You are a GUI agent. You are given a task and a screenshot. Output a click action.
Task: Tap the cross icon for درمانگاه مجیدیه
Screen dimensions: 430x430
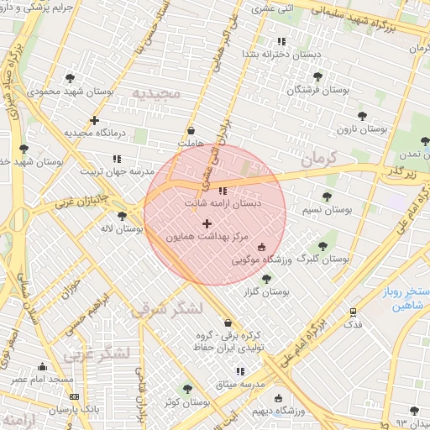point(94,120)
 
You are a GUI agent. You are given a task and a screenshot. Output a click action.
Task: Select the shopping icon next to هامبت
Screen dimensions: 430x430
point(191,131)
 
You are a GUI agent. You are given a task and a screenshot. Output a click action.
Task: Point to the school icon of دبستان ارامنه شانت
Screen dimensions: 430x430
point(222,191)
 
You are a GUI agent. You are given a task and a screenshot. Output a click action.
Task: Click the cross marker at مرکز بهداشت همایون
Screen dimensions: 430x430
point(207,223)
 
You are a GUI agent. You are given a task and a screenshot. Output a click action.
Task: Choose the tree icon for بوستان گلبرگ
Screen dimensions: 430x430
point(322,246)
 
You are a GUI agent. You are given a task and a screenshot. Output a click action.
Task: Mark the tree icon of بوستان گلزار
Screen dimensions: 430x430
point(266,279)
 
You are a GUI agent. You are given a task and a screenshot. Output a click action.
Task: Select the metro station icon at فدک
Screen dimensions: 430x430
point(354,312)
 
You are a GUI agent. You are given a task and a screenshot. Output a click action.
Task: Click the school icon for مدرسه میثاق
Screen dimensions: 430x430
point(241,370)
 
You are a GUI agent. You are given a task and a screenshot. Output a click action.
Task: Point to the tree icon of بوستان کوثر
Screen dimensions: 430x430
point(186,389)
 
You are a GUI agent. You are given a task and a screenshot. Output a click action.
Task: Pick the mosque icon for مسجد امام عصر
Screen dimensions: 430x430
point(42,367)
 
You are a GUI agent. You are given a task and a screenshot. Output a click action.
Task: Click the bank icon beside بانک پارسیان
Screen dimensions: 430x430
point(74,396)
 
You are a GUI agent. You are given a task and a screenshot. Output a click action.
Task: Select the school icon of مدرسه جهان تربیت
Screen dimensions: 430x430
point(117,158)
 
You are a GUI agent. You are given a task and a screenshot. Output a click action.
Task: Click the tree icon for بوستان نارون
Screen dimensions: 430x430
point(362,116)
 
